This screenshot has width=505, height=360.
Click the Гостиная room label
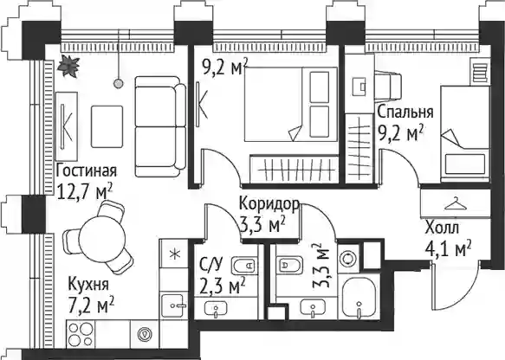point(86,170)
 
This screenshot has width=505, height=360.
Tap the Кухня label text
point(89,285)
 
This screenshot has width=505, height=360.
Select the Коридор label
point(269,204)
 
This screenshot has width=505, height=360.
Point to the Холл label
point(442,228)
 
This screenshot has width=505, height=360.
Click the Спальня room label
point(405,112)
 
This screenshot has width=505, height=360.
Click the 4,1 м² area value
point(449,249)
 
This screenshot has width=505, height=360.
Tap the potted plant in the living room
point(68,65)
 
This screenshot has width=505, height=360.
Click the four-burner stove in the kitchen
point(81,334)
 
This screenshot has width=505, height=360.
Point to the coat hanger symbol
point(456,203)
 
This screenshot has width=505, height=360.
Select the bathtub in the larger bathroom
point(359,298)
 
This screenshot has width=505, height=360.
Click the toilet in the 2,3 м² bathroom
point(243,266)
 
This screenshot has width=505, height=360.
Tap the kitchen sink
point(174,306)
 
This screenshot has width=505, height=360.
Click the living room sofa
point(160,126)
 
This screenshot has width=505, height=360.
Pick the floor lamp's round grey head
point(119,84)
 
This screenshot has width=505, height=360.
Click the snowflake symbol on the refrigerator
point(175,254)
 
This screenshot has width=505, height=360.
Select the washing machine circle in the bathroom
point(348,259)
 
